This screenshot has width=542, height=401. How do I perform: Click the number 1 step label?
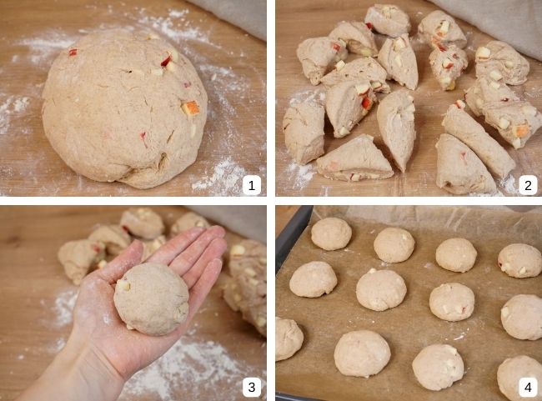click(x=253, y=185)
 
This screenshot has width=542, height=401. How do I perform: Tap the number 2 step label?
click(x=527, y=185)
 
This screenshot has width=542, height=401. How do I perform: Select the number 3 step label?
click(x=253, y=387)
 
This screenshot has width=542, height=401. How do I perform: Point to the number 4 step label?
click(x=527, y=387)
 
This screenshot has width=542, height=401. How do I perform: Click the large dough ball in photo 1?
click(x=125, y=108)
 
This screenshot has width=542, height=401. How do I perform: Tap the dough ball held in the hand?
click(x=151, y=298)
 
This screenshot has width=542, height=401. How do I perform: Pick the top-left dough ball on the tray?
click(x=331, y=233)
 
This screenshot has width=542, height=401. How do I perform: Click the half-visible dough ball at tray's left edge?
click(x=287, y=338)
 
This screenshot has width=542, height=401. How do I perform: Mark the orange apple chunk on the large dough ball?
click(x=191, y=108)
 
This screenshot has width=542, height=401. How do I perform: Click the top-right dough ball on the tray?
click(x=519, y=260)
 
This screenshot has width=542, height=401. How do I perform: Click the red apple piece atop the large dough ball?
click(x=166, y=61)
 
